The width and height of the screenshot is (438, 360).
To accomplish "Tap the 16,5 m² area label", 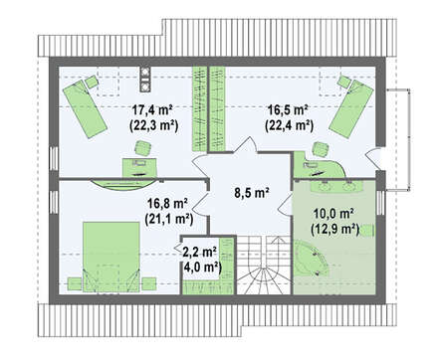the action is pyautogui.click(x=289, y=109).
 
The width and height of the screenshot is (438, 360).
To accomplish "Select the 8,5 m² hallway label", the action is pyautogui.click(x=251, y=193).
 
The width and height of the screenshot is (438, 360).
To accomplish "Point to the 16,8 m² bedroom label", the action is pyautogui.click(x=167, y=203).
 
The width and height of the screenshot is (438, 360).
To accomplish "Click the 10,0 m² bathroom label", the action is pyautogui.click(x=333, y=214).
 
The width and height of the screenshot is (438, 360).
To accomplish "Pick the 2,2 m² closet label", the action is pyautogui.click(x=200, y=252).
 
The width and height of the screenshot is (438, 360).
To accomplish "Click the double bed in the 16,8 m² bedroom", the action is pyautogui.click(x=111, y=257).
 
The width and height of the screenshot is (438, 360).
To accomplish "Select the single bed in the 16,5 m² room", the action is pyautogui.click(x=351, y=108).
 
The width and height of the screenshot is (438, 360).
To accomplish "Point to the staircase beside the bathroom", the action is pyautogui.click(x=264, y=266).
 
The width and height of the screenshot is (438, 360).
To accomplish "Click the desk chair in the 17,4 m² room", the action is pyautogui.click(x=143, y=148).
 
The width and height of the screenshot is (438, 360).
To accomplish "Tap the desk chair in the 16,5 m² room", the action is pyautogui.click(x=321, y=149).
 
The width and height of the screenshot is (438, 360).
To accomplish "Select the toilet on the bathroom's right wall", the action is pyautogui.click(x=367, y=230).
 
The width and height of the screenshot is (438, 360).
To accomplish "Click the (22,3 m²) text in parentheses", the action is pyautogui.click(x=153, y=125).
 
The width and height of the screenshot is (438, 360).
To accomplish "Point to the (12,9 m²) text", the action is pyautogui.click(x=335, y=230).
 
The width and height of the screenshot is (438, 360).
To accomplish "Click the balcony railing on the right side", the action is pyautogui.click(x=409, y=140).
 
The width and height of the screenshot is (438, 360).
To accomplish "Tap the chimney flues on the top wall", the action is pyautogui.click(x=145, y=80).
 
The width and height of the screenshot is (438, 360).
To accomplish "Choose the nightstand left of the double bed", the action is pyautogui.click(x=75, y=283).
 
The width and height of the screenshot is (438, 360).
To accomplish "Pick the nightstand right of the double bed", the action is pyautogui.click(x=149, y=283).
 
